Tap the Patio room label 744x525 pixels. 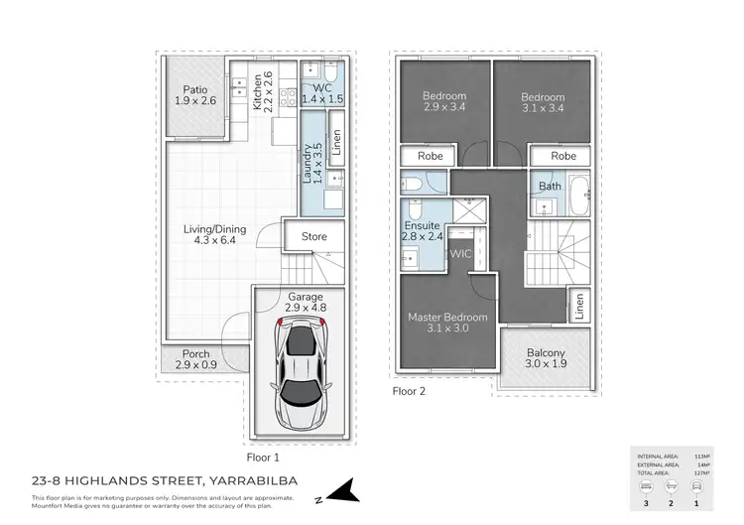[x=193, y=88]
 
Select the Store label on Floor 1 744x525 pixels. [x=313, y=236]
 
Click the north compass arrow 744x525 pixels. [x=340, y=490]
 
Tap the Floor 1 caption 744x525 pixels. [x=263, y=458]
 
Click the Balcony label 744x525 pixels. [x=545, y=353]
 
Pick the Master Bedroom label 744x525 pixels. [x=447, y=318]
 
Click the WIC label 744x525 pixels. [x=460, y=254]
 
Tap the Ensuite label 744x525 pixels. [x=425, y=225]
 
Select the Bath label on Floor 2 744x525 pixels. [x=550, y=186]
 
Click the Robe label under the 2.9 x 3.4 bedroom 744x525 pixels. [x=430, y=156]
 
